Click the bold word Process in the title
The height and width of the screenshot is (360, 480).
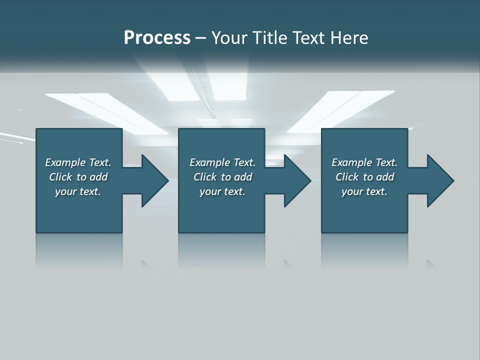157,38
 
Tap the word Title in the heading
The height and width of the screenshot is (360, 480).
268,38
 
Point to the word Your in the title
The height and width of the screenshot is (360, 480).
229,38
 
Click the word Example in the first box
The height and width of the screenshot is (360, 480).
65,162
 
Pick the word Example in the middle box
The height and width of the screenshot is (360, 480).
209,162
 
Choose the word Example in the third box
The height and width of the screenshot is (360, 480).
351,162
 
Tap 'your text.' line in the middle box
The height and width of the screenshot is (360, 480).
222,191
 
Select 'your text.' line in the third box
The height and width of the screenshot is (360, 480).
364,191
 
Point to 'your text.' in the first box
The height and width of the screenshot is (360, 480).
77,191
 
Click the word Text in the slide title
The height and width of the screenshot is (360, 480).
308,38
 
